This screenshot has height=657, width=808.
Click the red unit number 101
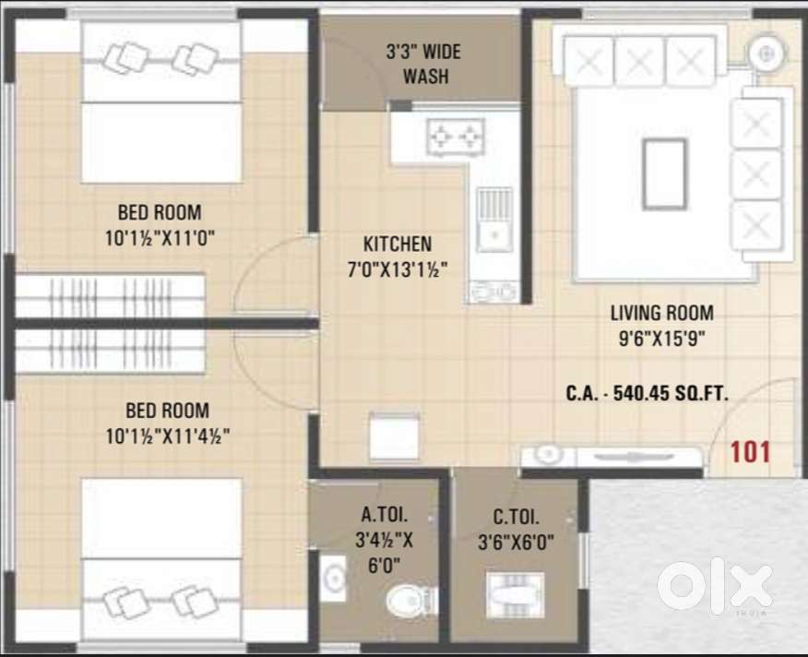[750, 452]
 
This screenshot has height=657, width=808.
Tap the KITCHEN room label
[398, 244]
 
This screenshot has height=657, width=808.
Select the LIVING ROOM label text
[662, 313]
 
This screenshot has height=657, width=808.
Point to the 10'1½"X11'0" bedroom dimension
[160, 238]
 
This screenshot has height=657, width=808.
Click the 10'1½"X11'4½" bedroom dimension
[168, 436]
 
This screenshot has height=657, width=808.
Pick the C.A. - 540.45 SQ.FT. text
[648, 393]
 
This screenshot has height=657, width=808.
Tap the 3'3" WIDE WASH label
[424, 64]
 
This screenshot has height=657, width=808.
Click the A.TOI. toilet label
[385, 514]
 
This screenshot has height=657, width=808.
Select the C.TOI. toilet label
[517, 516]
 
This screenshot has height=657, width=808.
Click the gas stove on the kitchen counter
[456, 137]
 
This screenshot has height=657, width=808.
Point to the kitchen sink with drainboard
[494, 220]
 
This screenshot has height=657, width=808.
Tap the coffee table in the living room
[664, 174]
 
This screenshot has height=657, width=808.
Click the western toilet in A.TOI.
[409, 601]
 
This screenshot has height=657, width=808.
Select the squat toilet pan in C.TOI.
[516, 595]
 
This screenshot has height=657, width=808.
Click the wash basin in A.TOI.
[333, 578]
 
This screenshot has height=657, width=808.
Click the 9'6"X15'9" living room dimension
[662, 339]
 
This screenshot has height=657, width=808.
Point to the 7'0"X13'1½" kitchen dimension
[398, 269]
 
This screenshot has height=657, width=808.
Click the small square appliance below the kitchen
[394, 436]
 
